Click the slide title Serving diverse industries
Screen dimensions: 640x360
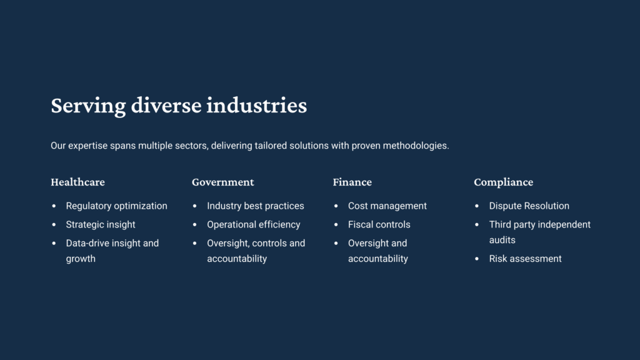179,106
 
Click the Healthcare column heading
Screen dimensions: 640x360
77,182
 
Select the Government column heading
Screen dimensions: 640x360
223,182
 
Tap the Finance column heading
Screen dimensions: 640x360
352,182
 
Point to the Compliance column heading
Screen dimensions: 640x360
503,182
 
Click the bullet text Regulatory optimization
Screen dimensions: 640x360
116,206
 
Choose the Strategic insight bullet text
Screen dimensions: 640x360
101,225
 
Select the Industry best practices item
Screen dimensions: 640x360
256,206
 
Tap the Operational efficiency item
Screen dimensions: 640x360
254,225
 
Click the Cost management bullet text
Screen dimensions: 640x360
387,206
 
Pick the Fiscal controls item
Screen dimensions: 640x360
379,225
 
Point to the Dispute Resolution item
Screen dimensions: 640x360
529,206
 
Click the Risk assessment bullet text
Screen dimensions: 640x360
525,259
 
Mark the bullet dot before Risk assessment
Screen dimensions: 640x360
477,259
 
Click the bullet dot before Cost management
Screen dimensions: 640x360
336,206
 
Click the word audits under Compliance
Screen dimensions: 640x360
502,240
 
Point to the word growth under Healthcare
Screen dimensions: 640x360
81,259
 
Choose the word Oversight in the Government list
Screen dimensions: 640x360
227,244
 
